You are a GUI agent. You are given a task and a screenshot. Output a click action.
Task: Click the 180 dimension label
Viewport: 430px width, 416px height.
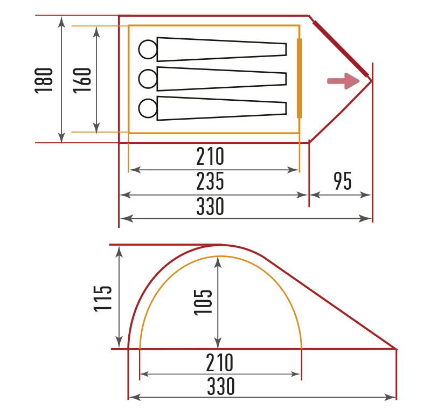[44, 81]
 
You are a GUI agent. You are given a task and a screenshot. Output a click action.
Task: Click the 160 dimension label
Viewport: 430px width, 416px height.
[82, 81]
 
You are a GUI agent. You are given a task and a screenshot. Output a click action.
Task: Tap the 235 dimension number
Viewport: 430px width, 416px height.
[210, 181]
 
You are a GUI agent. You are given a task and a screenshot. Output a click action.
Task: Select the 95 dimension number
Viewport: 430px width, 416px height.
[343, 181]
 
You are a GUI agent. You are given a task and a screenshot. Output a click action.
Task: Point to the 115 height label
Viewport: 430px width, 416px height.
[102, 299]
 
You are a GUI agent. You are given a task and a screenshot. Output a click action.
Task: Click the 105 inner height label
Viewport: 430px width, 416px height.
[203, 302]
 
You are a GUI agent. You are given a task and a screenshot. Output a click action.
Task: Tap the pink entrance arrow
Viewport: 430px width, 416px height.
[343, 81]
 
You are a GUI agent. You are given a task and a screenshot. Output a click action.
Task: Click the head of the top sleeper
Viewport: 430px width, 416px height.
[148, 50]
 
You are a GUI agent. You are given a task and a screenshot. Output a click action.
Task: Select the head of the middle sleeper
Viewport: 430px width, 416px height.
[148, 79]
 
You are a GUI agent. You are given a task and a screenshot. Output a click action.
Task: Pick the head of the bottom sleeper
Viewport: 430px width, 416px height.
[148, 108]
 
